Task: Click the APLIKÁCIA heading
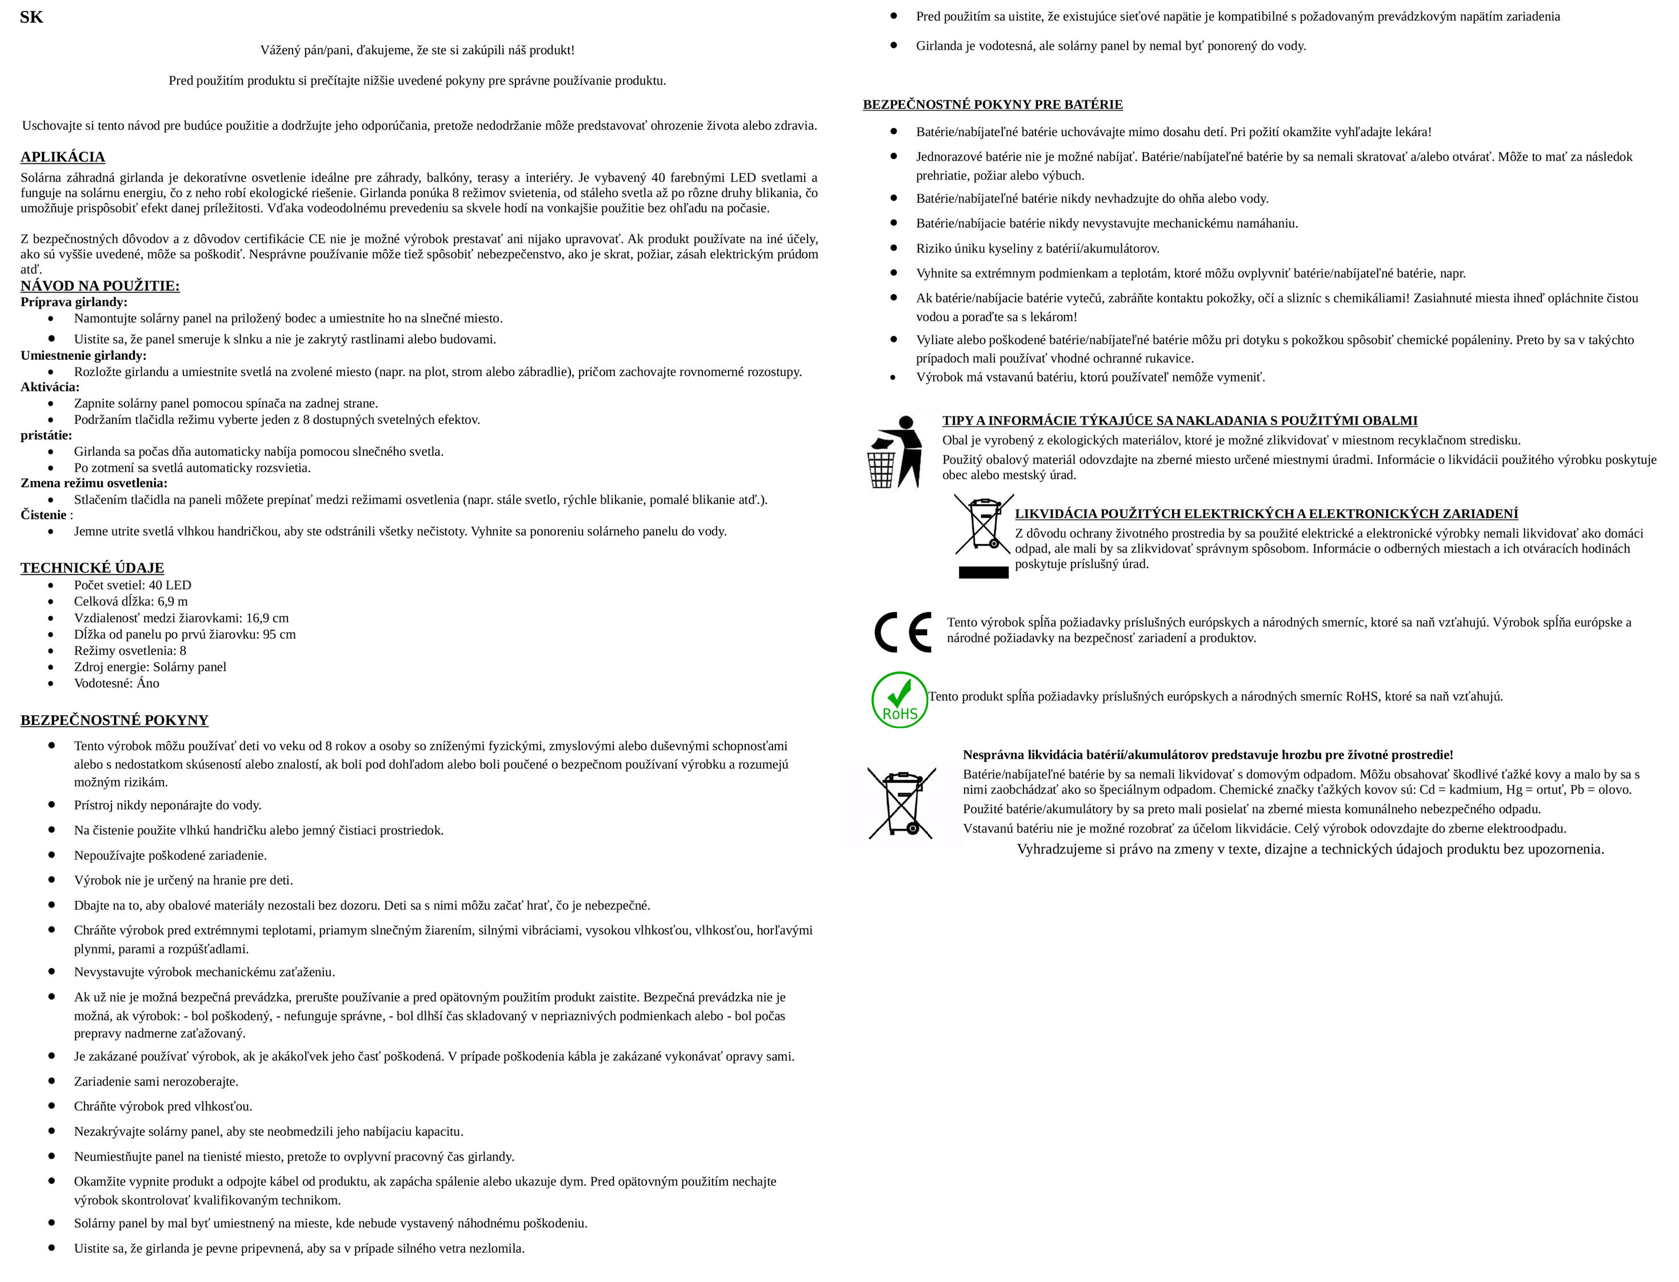[x=63, y=157]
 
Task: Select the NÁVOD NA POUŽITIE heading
[x=100, y=286]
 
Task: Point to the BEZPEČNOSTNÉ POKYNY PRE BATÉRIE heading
[x=992, y=105]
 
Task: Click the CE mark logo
[x=903, y=632]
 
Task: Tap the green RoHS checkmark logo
[x=900, y=700]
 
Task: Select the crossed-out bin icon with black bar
[x=983, y=536]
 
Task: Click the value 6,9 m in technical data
[x=173, y=602]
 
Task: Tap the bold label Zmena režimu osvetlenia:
[x=94, y=483]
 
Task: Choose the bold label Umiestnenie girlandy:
[x=83, y=355]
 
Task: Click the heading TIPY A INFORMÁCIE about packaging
[x=1179, y=420]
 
